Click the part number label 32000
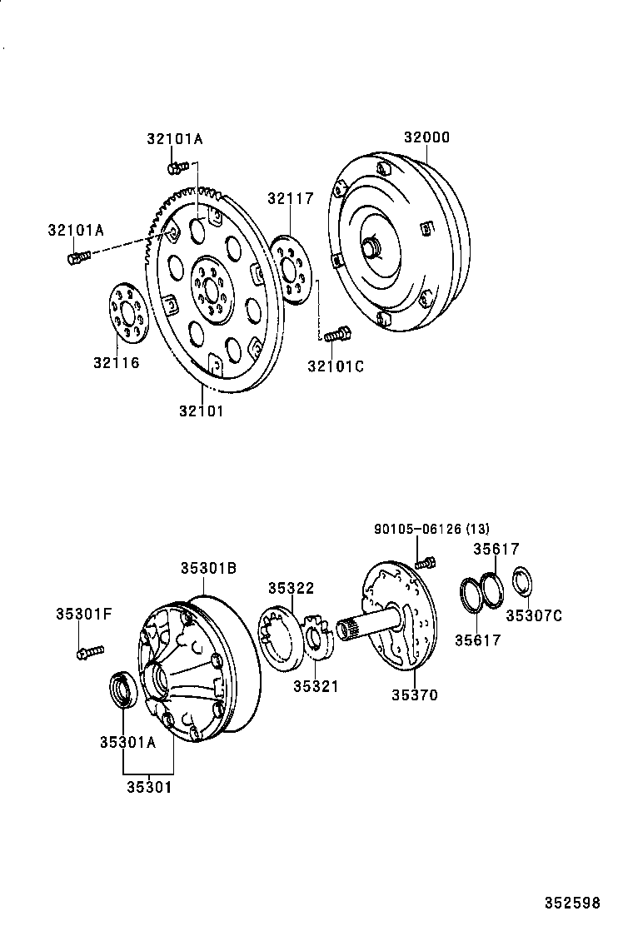[426, 137]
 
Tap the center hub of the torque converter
[371, 247]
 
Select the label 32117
[290, 198]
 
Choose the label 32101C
[336, 366]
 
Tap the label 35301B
[209, 568]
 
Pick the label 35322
[291, 588]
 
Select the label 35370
[414, 694]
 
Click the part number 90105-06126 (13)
[431, 529]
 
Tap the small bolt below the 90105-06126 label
[425, 562]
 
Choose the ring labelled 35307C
[523, 582]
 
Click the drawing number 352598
[572, 902]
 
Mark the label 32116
[116, 362]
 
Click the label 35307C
[532, 615]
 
